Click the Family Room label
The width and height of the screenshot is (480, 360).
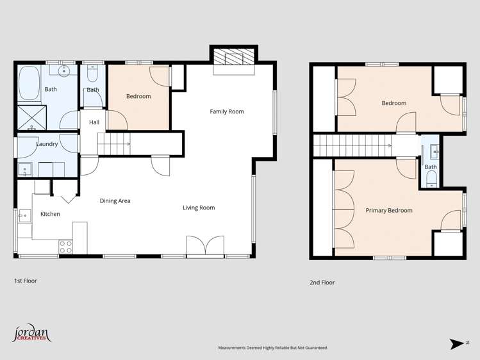coord(227,111)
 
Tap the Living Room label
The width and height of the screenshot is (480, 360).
coord(199,208)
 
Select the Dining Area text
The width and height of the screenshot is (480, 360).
coord(115,200)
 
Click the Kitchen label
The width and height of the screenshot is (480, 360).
coord(50,214)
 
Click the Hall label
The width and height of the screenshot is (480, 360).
coord(94,122)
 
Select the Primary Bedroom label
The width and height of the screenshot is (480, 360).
coord(389,210)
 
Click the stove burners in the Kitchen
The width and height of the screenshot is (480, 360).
coord(66,245)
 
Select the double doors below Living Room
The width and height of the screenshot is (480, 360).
coord(205,246)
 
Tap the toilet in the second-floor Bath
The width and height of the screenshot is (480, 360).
coord(431,177)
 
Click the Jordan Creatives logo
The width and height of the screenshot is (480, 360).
coord(31,334)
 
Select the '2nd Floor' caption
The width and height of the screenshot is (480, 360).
coord(322,282)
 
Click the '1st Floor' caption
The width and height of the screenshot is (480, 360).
coord(26,281)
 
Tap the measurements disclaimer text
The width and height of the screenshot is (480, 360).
coord(273,348)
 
